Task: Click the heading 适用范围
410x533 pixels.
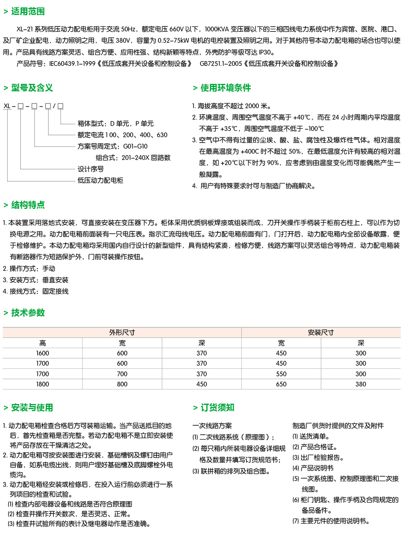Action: pyautogui.click(x=28, y=11)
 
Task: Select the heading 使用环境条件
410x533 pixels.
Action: pyautogui.click(x=226, y=88)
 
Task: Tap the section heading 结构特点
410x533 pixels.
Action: pyautogui.click(x=28, y=205)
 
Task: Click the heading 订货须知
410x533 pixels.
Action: pyautogui.click(x=217, y=408)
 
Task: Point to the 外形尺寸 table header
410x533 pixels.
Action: pyautogui.click(x=122, y=332)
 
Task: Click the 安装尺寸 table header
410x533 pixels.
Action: pyautogui.click(x=321, y=332)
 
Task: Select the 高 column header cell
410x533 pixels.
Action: pyautogui.click(x=43, y=343)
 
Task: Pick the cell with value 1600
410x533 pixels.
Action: pyautogui.click(x=43, y=353)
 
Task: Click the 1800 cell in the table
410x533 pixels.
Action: pyautogui.click(x=43, y=384)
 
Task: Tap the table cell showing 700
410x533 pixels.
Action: pyautogui.click(x=122, y=374)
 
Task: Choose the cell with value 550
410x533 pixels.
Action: pyautogui.click(x=281, y=374)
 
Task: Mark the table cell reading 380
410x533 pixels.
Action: pyautogui.click(x=361, y=384)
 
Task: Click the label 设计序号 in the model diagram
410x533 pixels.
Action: pyautogui.click(x=90, y=169)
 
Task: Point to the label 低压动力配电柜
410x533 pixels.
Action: pyautogui.click(x=100, y=180)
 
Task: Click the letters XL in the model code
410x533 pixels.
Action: pyautogui.click(x=7, y=106)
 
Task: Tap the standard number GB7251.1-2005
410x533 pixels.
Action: pyautogui.click(x=220, y=63)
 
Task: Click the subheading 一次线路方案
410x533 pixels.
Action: pyautogui.click(x=212, y=426)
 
